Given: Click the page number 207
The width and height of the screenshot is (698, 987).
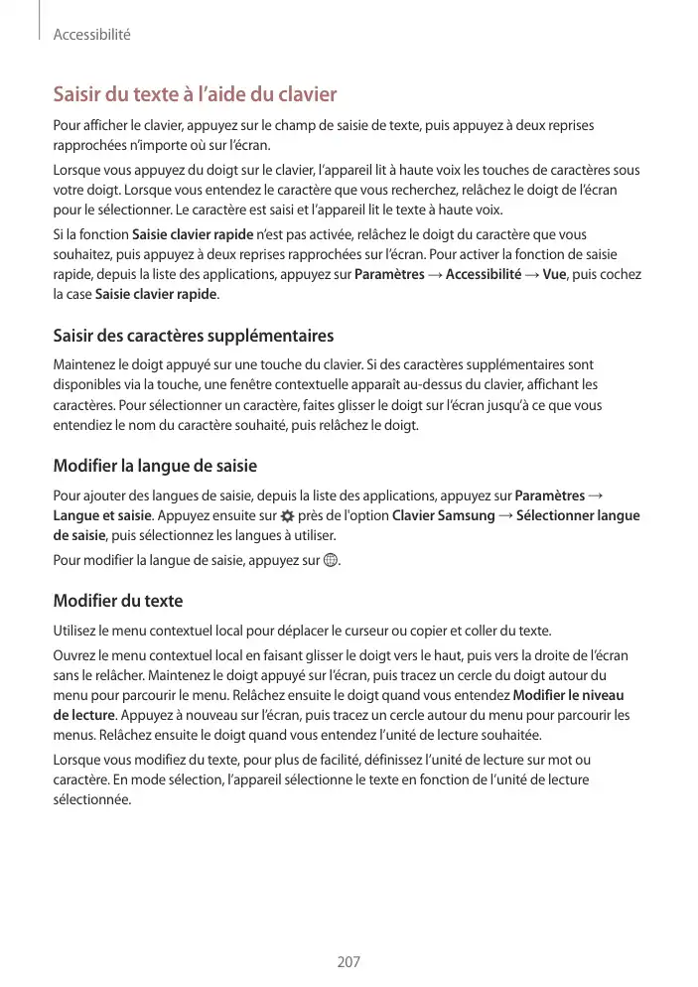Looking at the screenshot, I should coord(349,961).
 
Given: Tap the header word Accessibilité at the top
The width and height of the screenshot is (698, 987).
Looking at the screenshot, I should coord(91,35).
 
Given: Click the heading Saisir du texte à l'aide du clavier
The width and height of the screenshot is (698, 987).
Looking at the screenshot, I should coord(195,95).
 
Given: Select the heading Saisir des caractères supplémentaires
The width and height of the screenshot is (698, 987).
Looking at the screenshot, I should coord(193,336).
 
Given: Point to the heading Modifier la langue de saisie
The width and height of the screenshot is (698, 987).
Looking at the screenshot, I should coord(154,465).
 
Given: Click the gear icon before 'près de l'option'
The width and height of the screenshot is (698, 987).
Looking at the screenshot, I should coord(287,516).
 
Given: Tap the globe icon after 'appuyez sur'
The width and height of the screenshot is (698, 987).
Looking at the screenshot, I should coord(332,561).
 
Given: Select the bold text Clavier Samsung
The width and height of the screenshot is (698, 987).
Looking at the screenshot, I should coord(443,515).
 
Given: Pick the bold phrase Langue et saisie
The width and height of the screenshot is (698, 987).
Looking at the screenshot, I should coord(102,515).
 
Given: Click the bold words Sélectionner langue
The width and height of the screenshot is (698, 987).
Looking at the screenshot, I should coord(579,515).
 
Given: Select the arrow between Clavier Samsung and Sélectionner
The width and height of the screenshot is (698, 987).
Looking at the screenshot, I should coord(506,515).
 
